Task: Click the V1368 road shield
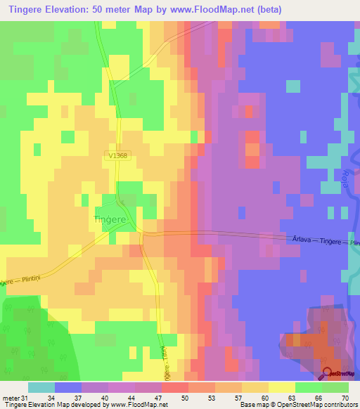(119, 157)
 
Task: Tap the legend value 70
(345, 398)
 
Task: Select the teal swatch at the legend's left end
(41, 387)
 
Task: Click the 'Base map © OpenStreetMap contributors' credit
(297, 405)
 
